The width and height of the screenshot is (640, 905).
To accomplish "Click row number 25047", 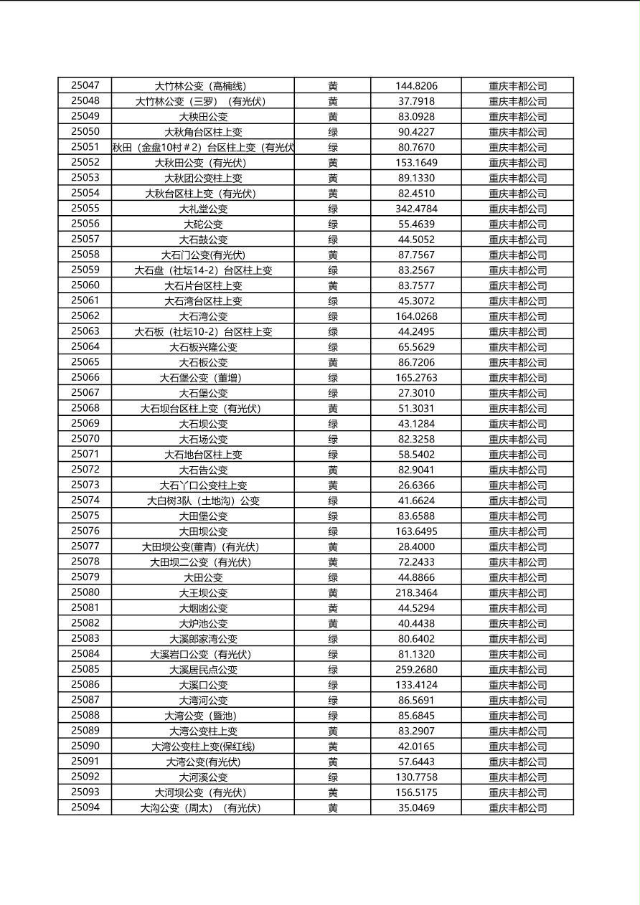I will [85, 85].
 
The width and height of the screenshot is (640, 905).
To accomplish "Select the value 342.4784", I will [416, 209].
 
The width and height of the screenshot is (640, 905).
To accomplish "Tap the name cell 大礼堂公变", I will [203, 209].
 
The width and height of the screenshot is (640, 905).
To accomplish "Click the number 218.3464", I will [416, 593].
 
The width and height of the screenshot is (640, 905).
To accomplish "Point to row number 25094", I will [85, 808].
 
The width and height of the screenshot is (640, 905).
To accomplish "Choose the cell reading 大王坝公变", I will [203, 593].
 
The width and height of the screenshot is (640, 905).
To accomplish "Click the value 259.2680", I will [416, 670].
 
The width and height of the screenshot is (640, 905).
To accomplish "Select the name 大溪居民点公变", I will [203, 670].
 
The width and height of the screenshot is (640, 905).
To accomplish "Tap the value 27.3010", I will [416, 393].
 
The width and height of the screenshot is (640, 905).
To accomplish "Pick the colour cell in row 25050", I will [333, 132].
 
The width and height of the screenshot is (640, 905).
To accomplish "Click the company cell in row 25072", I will [517, 470].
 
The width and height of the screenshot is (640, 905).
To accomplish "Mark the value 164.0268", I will [416, 316].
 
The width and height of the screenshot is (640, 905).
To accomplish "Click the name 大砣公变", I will [203, 224].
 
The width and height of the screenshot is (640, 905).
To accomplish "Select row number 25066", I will [85, 378].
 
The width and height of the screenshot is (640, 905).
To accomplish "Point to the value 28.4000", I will [416, 546].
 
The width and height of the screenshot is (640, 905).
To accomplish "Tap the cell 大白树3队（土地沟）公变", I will [203, 501].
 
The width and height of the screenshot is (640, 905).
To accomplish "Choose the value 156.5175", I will [416, 792].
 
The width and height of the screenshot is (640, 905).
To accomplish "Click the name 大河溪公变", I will [203, 777].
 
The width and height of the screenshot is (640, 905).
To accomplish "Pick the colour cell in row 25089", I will [333, 731].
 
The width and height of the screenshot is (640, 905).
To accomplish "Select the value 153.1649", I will [416, 163].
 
